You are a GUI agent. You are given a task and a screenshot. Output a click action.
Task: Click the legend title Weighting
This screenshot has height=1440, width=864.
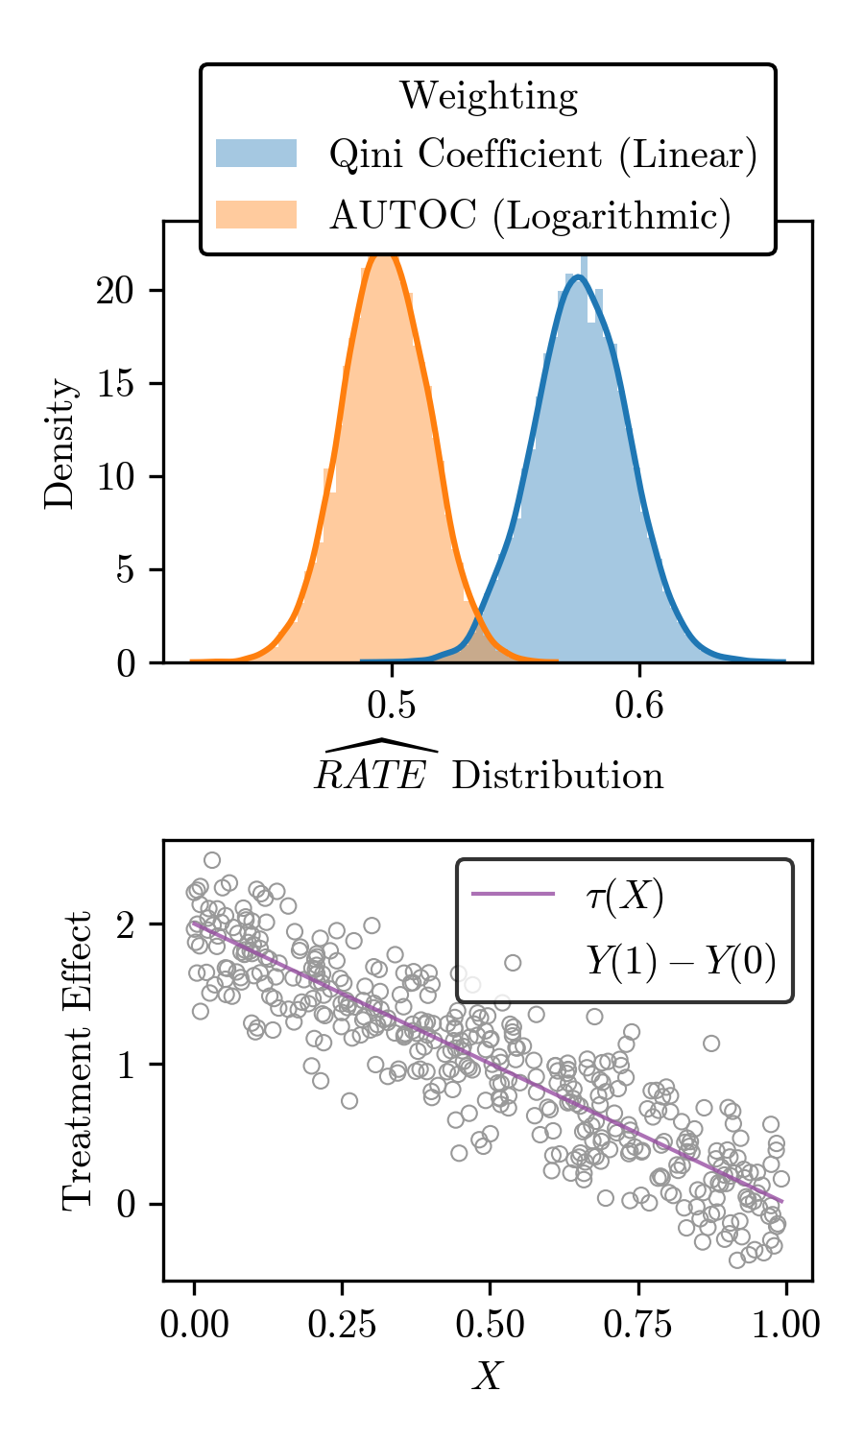tap(488, 96)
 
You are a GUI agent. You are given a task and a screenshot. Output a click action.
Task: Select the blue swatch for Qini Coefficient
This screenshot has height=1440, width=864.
tap(255, 154)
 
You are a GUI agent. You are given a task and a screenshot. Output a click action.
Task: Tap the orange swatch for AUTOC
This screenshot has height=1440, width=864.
tap(255, 214)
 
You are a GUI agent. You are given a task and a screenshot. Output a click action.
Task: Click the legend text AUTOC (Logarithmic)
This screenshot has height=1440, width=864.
tap(530, 215)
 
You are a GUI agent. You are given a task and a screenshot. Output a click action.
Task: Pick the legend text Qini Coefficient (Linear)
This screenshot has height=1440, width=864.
tap(543, 155)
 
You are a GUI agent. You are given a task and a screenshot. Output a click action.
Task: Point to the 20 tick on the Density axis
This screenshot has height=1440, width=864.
tap(115, 291)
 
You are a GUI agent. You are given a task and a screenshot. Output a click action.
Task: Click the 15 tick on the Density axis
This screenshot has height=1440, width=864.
tap(115, 384)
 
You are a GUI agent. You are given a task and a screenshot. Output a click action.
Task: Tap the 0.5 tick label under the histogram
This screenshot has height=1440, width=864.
tap(392, 706)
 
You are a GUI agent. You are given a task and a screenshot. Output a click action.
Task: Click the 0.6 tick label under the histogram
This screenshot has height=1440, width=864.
tap(639, 706)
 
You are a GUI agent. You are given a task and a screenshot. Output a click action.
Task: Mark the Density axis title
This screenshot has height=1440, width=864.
tap(60, 443)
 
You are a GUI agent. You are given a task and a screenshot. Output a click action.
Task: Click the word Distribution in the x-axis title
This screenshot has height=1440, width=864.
tap(557, 776)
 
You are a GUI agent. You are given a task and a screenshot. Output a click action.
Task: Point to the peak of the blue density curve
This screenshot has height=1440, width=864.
tap(578, 277)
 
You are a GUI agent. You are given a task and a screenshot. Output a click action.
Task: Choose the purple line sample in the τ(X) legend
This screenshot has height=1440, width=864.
tap(513, 895)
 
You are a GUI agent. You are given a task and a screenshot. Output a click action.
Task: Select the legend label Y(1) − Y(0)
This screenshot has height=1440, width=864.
tap(680, 961)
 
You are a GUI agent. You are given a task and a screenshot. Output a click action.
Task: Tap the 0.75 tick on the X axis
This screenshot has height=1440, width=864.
tap(638, 1325)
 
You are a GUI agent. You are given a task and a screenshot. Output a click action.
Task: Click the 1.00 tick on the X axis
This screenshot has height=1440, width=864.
tap(786, 1325)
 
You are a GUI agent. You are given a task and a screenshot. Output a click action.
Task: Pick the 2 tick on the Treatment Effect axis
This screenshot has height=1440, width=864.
tap(126, 925)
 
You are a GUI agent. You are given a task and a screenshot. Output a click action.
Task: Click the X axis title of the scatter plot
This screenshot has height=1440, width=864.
tap(488, 1378)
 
